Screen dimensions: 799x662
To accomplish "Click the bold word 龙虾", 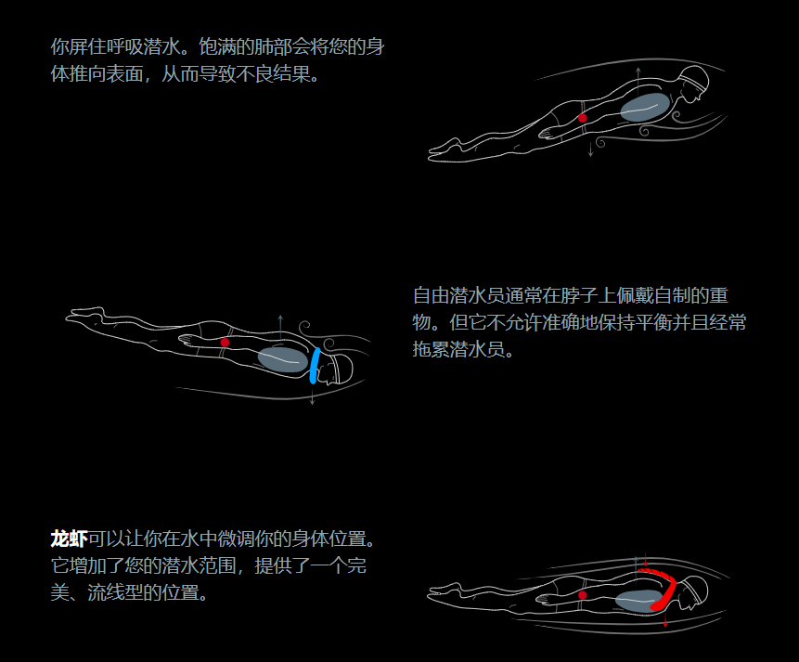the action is pyautogui.click(x=69, y=539).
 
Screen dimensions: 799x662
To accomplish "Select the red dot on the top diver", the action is pyautogui.click(x=583, y=118).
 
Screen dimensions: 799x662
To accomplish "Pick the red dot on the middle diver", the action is pyautogui.click(x=225, y=343).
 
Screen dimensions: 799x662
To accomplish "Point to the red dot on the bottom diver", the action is pyautogui.click(x=583, y=594).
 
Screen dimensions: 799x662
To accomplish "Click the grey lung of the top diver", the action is pyautogui.click(x=643, y=107).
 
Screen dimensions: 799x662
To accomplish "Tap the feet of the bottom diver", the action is pyautogui.click(x=445, y=589).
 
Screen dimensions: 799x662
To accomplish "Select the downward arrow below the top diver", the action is pyautogui.click(x=590, y=149).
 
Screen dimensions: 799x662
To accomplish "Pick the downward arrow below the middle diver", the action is pyautogui.click(x=313, y=397).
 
